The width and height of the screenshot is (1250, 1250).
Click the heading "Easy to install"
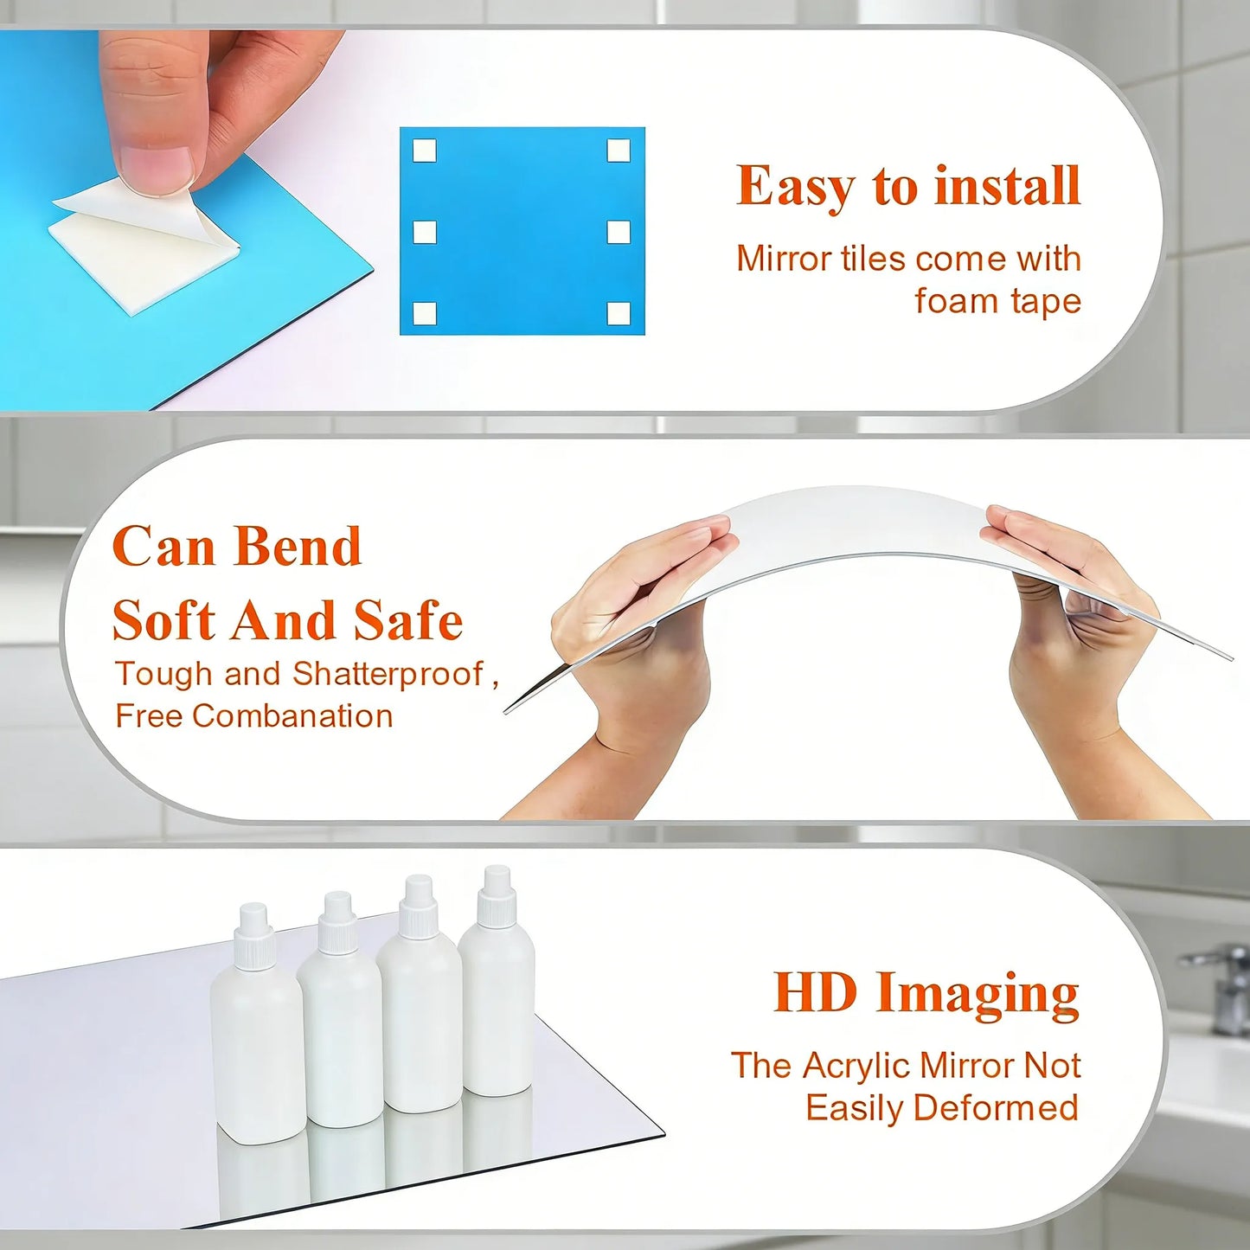tap(908, 187)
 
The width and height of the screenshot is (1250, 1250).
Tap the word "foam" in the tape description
tap(955, 301)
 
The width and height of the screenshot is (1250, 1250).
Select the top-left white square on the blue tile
tap(424, 151)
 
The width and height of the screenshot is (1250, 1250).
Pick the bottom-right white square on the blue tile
tap(619, 313)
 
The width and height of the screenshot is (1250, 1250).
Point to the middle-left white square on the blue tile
tap(424, 232)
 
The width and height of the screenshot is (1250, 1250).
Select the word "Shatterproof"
tap(388, 674)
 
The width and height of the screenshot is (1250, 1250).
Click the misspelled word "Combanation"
tap(292, 716)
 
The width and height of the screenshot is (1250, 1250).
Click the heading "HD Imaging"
tap(926, 993)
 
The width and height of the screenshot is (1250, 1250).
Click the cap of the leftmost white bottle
tap(254, 926)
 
